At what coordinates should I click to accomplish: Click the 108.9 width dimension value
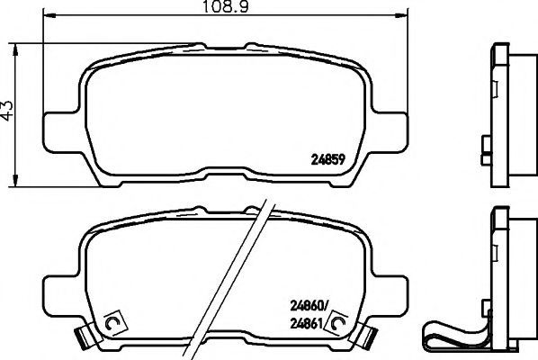tap(226, 6)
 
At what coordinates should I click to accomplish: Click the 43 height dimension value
tap(7, 111)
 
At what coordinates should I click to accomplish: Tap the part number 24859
tap(327, 159)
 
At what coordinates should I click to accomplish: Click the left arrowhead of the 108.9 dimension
tap(49, 15)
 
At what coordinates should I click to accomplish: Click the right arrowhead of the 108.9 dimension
tap(402, 15)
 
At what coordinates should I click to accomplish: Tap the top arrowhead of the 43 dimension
tap(15, 50)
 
